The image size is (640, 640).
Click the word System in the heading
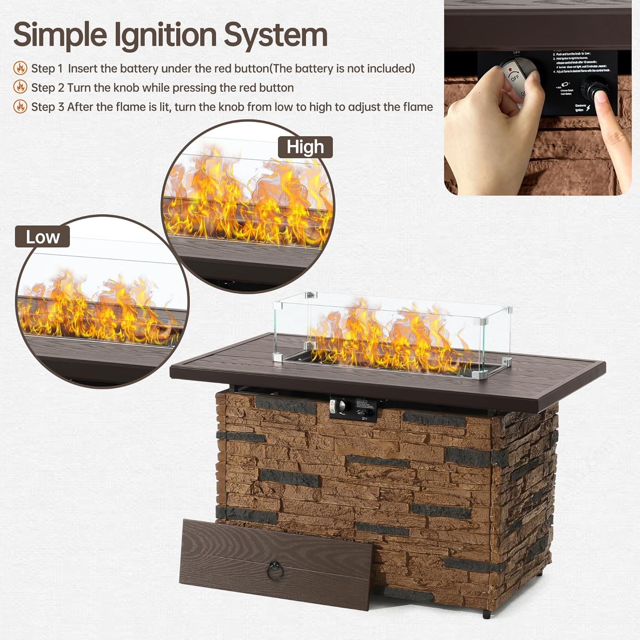tap(276, 35)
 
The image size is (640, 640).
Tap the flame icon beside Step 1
tap(20, 68)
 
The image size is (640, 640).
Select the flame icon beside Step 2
tap(20, 87)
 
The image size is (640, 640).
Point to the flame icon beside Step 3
tap(20, 106)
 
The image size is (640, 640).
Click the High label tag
tap(305, 147)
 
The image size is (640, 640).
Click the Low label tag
tap(42, 237)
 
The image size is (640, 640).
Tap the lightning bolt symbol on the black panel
tap(588, 108)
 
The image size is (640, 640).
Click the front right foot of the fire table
tap(486, 614)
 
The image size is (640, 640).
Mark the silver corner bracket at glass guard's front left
tap(278, 357)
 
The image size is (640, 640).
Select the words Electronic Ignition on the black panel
tap(580, 108)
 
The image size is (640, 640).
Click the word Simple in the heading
tap(60, 35)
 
